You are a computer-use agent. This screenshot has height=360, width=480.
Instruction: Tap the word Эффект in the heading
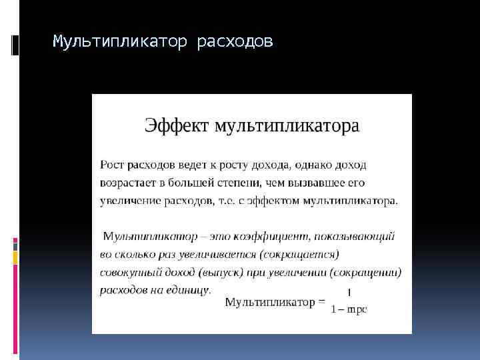pyautogui.click(x=176, y=126)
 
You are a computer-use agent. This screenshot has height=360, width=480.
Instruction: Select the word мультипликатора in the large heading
pyautogui.click(x=286, y=126)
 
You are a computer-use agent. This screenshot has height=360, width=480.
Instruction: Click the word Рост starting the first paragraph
pyautogui.click(x=111, y=164)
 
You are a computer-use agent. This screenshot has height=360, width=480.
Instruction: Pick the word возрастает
pyautogui.click(x=127, y=182)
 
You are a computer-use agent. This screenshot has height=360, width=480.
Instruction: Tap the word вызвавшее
pyautogui.click(x=314, y=182)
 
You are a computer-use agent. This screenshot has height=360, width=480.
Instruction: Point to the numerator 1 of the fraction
pyautogui.click(x=350, y=292)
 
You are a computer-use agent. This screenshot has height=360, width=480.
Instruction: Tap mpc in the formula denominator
pyautogui.click(x=357, y=309)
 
